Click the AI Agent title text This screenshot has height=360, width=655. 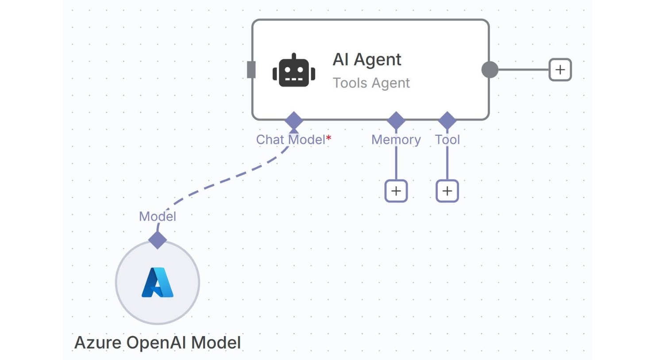(x=367, y=59)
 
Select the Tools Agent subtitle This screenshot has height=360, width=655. (x=371, y=83)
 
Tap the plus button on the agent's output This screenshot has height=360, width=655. (x=560, y=70)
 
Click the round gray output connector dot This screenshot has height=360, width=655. (x=489, y=70)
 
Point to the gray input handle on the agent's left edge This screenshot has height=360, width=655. (x=251, y=70)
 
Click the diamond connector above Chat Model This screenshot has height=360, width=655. (x=294, y=120)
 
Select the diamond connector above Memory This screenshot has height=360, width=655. (x=396, y=120)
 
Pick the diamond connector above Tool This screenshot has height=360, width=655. (x=447, y=120)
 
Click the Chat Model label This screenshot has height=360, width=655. (x=290, y=140)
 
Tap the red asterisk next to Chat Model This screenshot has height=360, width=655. (x=329, y=138)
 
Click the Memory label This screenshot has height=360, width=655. (x=396, y=140)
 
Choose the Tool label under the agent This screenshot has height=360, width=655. (x=447, y=140)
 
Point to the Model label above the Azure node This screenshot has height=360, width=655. (x=157, y=216)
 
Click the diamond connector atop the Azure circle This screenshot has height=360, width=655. (x=157, y=240)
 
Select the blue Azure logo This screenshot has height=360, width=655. (x=157, y=283)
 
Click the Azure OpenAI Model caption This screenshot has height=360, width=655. (x=158, y=343)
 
